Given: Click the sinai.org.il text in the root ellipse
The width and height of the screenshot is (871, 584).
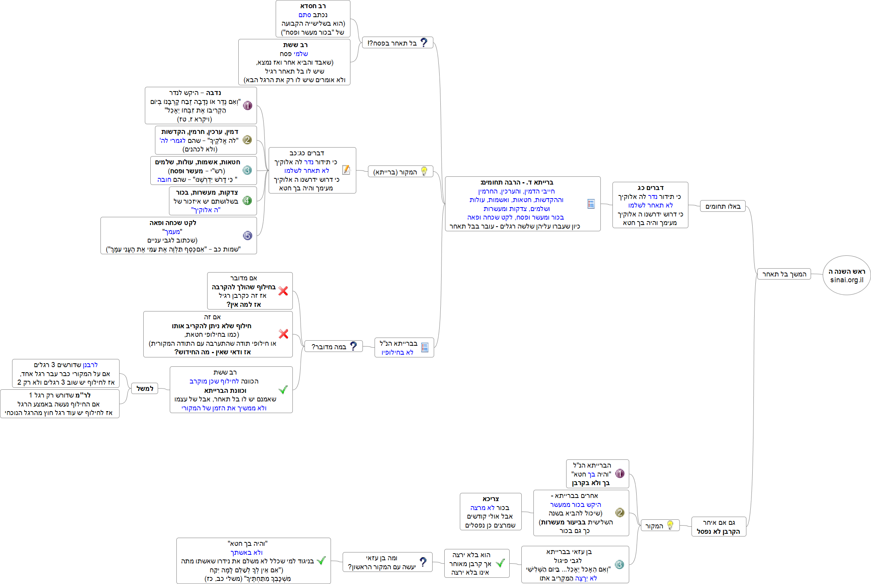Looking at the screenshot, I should click(846, 280).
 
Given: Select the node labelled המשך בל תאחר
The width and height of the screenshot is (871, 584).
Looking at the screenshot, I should click(784, 274).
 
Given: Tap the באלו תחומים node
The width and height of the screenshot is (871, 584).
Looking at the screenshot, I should click(723, 206).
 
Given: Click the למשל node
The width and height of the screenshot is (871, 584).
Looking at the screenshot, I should click(145, 389).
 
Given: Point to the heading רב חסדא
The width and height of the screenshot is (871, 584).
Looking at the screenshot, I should click(313, 6).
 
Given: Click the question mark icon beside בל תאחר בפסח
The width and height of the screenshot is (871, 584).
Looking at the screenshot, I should click(424, 42).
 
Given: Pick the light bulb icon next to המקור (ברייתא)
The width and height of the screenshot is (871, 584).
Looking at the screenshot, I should click(424, 171).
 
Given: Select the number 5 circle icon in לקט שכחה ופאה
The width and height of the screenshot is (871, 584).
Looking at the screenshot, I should click(247, 236).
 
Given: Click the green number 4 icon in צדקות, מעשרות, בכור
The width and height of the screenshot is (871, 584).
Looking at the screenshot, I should click(247, 201).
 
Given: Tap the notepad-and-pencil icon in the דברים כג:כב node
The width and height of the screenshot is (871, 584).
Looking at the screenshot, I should click(346, 170).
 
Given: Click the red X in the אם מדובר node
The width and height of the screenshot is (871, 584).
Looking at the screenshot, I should click(283, 291).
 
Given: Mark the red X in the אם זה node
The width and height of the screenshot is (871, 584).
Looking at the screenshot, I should click(283, 334).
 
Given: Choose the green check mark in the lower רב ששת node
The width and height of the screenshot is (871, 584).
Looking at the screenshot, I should click(283, 389).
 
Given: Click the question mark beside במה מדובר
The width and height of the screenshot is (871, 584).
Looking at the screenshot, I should click(354, 346).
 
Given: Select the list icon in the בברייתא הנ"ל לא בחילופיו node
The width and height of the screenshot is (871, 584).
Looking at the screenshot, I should click(425, 347).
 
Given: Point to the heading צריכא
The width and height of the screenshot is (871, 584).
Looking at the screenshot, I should click(491, 499).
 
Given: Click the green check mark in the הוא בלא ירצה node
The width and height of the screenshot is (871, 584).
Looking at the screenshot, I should click(500, 563).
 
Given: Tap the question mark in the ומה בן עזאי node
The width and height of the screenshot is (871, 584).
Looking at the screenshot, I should click(423, 562).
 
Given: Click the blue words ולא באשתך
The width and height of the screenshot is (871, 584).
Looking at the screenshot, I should click(246, 552).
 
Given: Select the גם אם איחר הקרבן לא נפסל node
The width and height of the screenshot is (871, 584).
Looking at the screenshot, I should click(718, 527).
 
